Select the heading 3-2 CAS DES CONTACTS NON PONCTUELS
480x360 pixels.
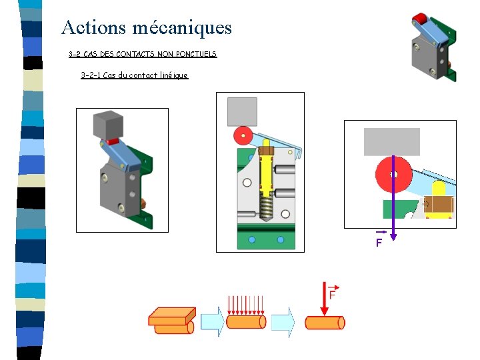(x=143, y=54)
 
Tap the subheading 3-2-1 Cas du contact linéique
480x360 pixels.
(x=134, y=75)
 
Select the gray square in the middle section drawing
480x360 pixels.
(x=241, y=111)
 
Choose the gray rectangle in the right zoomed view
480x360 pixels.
(x=392, y=141)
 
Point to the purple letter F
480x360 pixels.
(x=379, y=243)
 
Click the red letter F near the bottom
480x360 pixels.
(x=331, y=294)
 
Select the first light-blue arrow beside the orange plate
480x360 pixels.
(x=213, y=322)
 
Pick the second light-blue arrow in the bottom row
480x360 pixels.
(x=283, y=322)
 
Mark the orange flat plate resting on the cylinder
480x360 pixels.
(x=172, y=315)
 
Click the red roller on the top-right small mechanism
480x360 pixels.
(x=420, y=18)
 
